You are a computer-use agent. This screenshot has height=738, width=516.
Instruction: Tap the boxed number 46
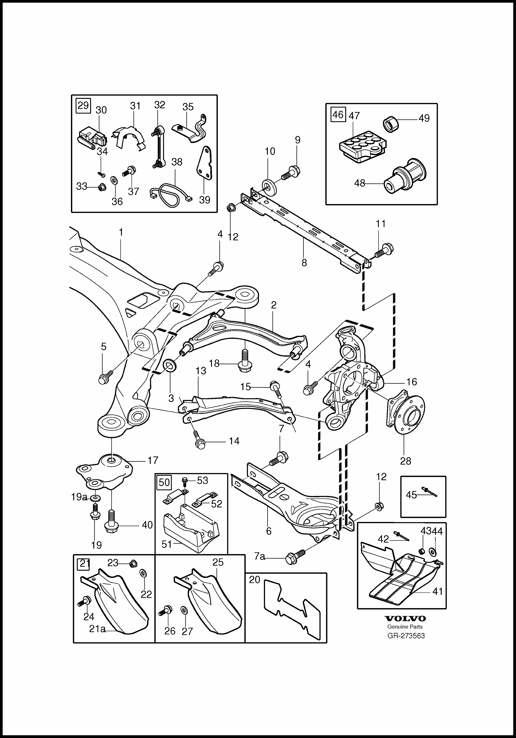coord(338,114)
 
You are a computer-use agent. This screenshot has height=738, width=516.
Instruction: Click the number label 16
coord(412,382)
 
